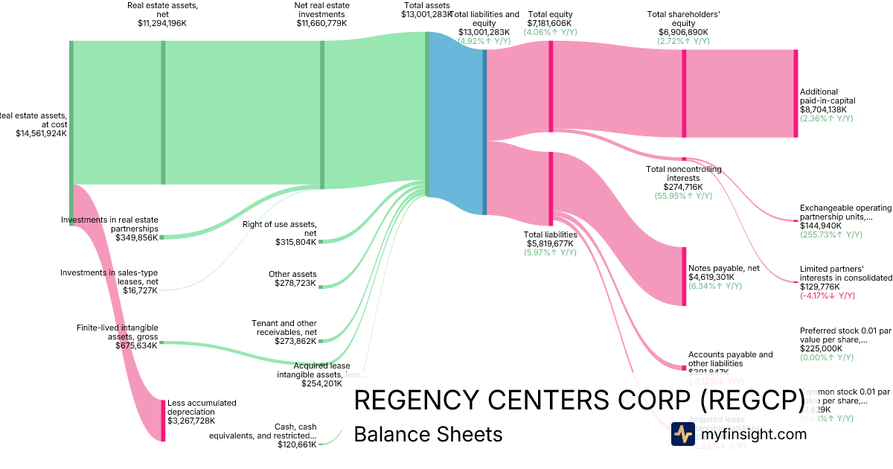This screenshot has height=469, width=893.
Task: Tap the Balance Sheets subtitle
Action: [x=428, y=434]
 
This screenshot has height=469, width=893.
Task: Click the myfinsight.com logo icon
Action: [x=682, y=434]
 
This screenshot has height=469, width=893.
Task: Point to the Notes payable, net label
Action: [x=724, y=268]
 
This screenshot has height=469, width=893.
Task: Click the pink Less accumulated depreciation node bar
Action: [x=163, y=421]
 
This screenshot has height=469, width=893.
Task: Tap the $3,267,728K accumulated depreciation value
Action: [x=192, y=421]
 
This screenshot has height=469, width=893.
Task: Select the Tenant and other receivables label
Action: [x=284, y=328]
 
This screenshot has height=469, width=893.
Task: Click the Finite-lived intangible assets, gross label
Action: [x=117, y=332]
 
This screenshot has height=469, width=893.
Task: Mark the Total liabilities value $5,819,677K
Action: [x=550, y=243]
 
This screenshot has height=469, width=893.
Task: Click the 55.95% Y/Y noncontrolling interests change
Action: [x=683, y=196]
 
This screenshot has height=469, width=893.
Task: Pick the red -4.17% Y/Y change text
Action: [x=828, y=296]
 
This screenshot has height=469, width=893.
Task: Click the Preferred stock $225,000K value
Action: [x=822, y=348]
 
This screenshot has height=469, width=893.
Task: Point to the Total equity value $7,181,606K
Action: [x=550, y=23]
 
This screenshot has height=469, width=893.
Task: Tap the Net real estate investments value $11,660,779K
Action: [x=321, y=23]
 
